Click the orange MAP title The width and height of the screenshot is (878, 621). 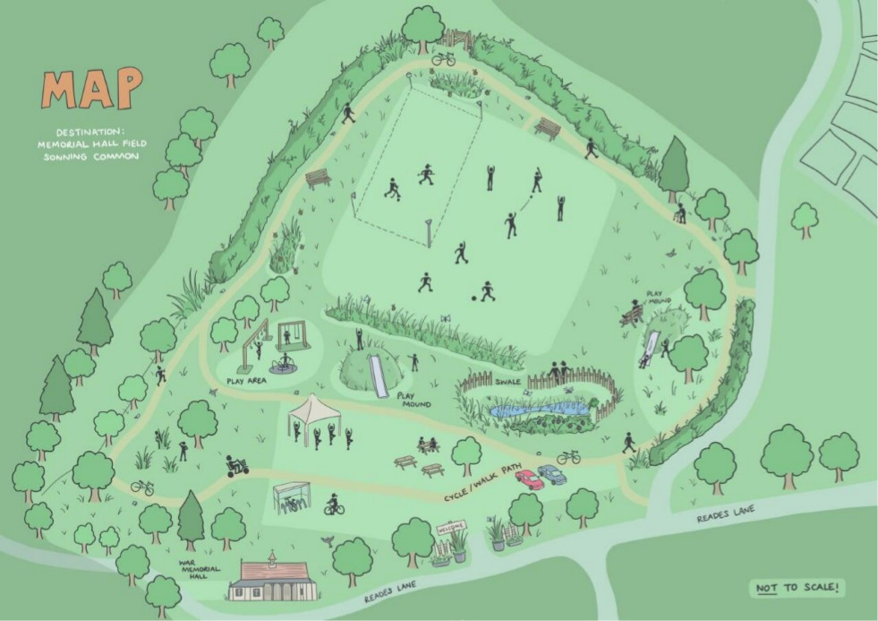click(x=92, y=90)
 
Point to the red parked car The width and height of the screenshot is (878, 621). click(x=529, y=479)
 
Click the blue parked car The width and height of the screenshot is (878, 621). click(x=552, y=473)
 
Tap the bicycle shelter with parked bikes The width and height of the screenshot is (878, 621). click(x=293, y=497)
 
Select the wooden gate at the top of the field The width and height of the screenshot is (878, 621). click(x=456, y=40)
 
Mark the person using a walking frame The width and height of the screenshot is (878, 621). click(x=680, y=212)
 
